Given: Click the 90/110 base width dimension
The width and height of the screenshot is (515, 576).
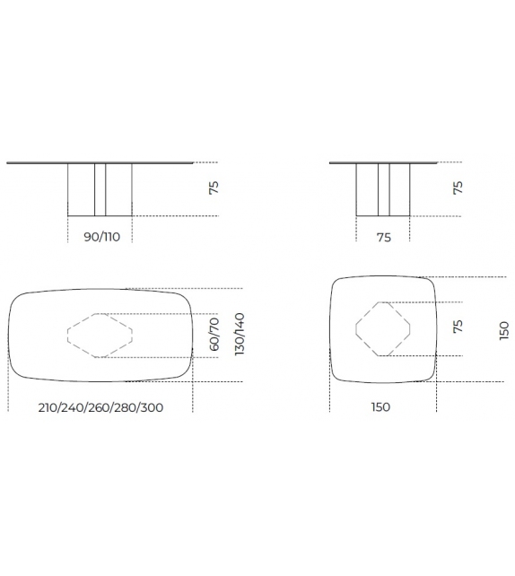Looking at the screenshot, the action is (x=101, y=237).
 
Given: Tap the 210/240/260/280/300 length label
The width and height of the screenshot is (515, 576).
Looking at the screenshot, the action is (x=100, y=407).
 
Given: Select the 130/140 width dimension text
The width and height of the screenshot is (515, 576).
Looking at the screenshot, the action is (x=240, y=335).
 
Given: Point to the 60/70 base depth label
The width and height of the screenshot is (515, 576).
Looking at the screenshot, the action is (x=214, y=335).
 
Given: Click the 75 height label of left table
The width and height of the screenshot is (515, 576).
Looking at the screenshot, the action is (x=214, y=188).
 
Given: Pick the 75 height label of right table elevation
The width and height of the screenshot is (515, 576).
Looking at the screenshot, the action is (x=458, y=188).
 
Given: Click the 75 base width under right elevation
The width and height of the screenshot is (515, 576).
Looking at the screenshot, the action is (x=383, y=238).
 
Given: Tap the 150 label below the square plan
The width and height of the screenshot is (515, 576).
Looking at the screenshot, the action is (x=380, y=407).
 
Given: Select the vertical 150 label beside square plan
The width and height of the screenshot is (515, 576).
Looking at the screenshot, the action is (x=504, y=330).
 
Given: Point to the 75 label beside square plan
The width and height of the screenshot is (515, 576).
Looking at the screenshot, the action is (x=458, y=327).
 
